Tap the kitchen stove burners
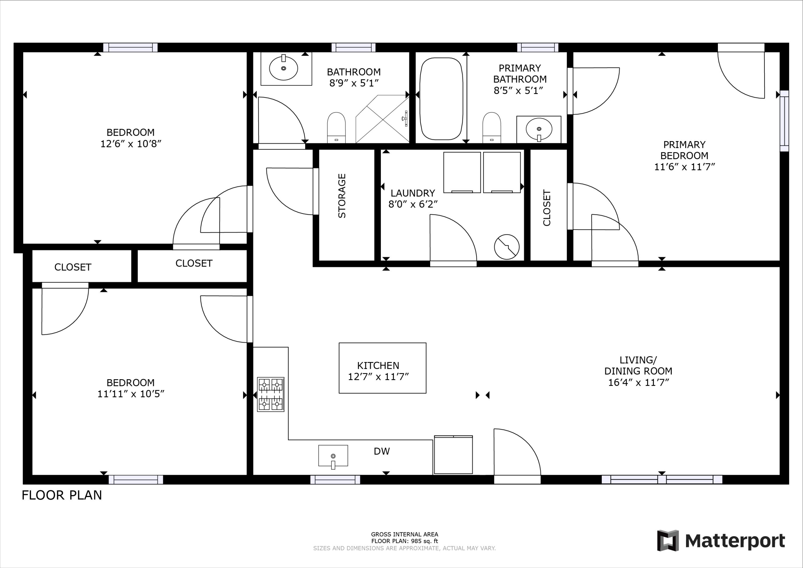point(270,394)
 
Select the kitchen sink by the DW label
point(333,456)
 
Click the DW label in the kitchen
point(382,452)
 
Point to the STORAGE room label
point(342,196)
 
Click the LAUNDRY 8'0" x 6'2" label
point(413,198)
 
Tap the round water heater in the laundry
point(506,247)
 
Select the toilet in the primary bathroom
point(491,127)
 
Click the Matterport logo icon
point(668,540)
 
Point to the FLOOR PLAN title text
point(62,495)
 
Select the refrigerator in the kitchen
point(453,455)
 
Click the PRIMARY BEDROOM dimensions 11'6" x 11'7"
point(684,167)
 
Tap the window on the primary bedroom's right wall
point(785,121)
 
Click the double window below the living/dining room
point(662,479)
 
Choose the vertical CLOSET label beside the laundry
point(547,208)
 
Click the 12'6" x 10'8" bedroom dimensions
point(130,144)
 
